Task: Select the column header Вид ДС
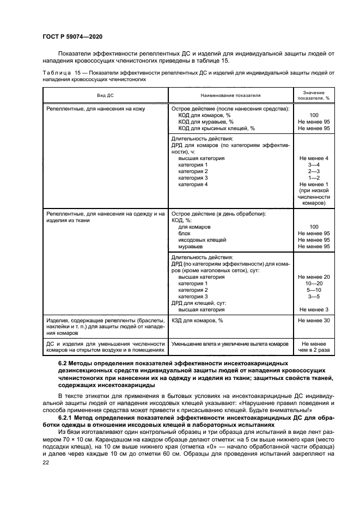tap(105, 95)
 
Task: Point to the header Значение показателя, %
tap(313, 95)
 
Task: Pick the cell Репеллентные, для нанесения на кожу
tap(96, 108)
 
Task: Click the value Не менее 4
tap(313, 158)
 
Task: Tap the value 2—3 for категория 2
tap(313, 171)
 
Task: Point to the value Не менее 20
tap(313, 277)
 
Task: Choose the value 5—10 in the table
tap(313, 290)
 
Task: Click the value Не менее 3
tap(313, 309)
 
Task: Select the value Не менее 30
tap(313, 320)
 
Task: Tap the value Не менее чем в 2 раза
tap(313, 347)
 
